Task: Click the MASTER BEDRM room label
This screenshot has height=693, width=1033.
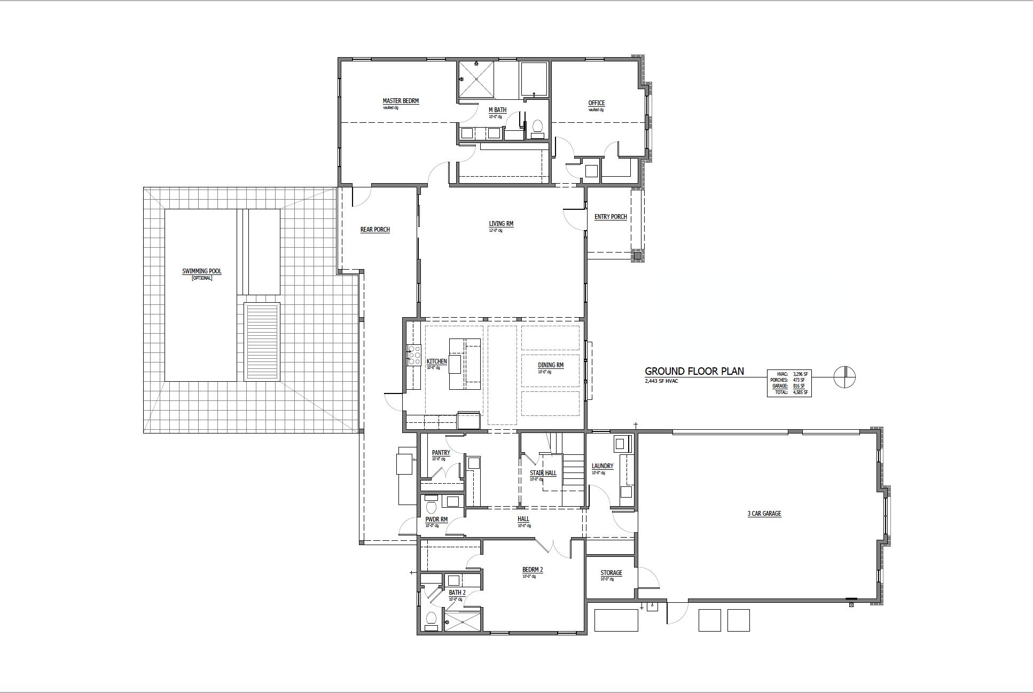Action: [x=401, y=101]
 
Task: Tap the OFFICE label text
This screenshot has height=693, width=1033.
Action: [x=596, y=103]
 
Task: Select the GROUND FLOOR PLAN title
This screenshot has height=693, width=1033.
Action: [x=694, y=371]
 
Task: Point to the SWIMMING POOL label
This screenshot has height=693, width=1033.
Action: [x=201, y=271]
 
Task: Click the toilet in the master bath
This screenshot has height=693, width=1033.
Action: [x=537, y=127]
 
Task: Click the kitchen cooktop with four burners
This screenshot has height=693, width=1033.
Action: [x=414, y=356]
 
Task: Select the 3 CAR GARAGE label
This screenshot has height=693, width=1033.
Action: [x=764, y=514]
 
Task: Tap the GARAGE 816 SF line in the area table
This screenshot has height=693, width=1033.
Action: [x=789, y=385]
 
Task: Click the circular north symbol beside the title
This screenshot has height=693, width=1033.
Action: [x=844, y=377]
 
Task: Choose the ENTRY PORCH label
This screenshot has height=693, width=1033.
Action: [x=611, y=217]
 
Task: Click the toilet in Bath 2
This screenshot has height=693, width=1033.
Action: [x=431, y=619]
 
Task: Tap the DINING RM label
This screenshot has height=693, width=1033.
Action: [x=551, y=365]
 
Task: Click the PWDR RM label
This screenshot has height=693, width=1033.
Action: [x=436, y=519]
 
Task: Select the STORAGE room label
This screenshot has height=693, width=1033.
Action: [x=611, y=573]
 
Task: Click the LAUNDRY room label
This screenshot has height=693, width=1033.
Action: [x=602, y=466]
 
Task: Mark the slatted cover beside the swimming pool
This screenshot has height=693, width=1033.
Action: [x=262, y=341]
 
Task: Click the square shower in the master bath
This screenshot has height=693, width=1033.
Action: [x=476, y=80]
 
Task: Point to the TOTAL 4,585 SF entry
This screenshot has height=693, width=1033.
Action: [x=789, y=392]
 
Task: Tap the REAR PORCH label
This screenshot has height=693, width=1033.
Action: [x=375, y=230]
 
